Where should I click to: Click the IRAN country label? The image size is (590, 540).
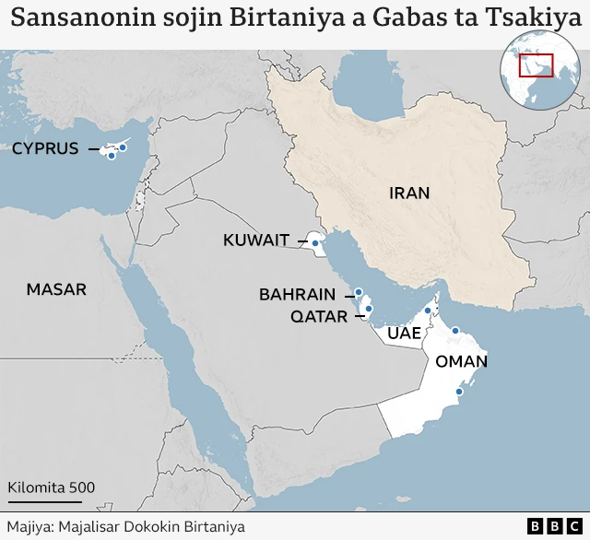[409, 193]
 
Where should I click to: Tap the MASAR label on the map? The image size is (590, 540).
[56, 289]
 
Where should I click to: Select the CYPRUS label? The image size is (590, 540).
[45, 148]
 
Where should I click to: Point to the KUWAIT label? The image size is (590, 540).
[256, 241]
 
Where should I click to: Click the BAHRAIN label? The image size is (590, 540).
[297, 294]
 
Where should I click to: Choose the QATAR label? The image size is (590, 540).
[319, 317]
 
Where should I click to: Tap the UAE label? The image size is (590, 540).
[405, 333]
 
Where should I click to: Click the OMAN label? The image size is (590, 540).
[461, 361]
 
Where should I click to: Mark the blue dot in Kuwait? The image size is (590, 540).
[315, 243]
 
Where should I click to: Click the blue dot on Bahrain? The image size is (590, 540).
[359, 293]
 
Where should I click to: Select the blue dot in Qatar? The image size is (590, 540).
[368, 309]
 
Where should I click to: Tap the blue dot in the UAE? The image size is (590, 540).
[428, 311]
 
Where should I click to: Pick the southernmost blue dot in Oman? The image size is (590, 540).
[457, 393]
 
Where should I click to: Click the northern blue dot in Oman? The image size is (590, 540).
[454, 330]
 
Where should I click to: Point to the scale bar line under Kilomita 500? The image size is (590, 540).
[44, 502]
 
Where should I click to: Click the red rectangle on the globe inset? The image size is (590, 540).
[537, 66]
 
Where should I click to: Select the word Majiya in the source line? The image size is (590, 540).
[28, 526]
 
